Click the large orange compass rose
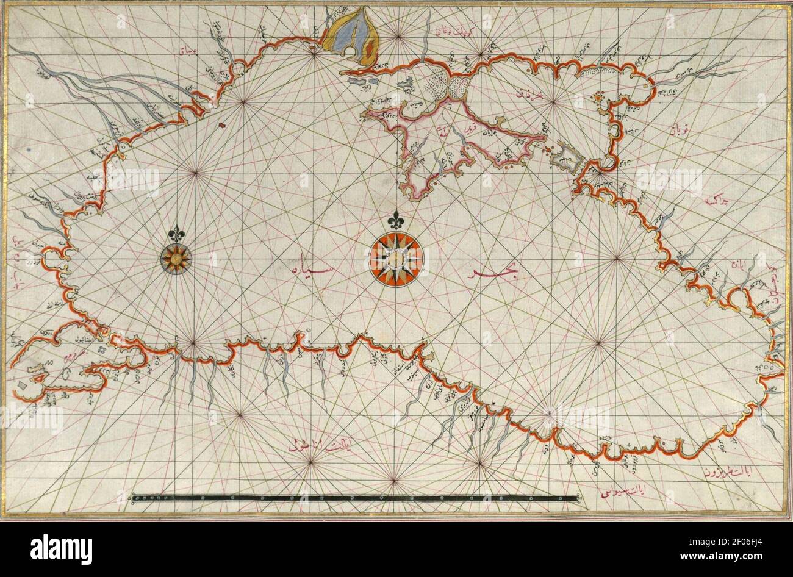(395, 259)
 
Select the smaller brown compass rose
(176, 259)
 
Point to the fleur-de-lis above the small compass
(176, 232)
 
